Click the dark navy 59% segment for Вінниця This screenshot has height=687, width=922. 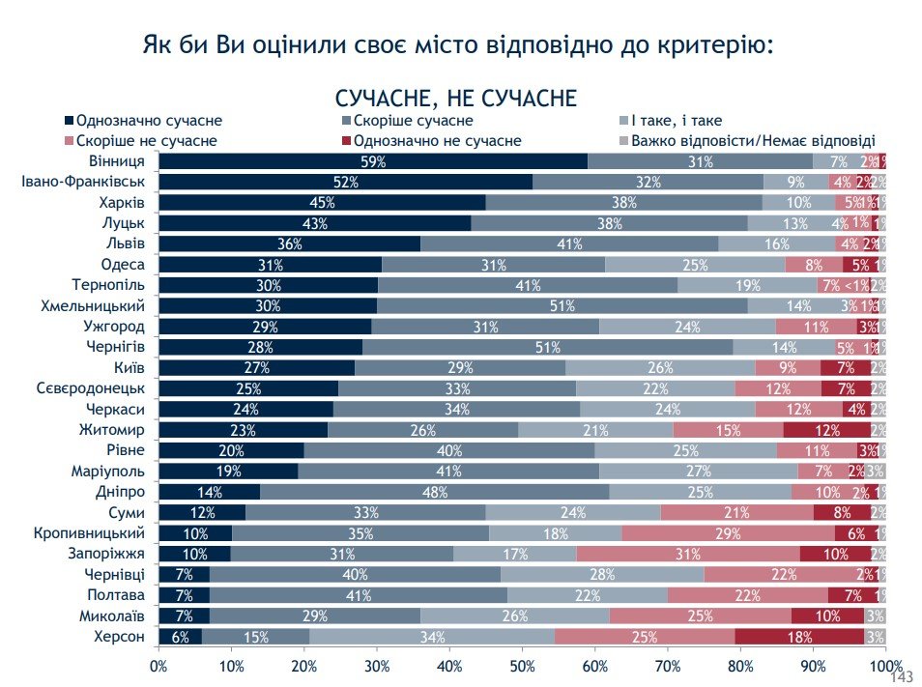373,161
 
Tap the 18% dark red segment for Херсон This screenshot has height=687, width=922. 799,637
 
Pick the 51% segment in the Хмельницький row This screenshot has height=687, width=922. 562,305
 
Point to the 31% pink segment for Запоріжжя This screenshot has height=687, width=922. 688,554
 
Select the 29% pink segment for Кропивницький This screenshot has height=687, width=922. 728,532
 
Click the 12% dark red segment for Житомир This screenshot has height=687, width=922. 826,429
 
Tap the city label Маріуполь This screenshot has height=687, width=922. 108,471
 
